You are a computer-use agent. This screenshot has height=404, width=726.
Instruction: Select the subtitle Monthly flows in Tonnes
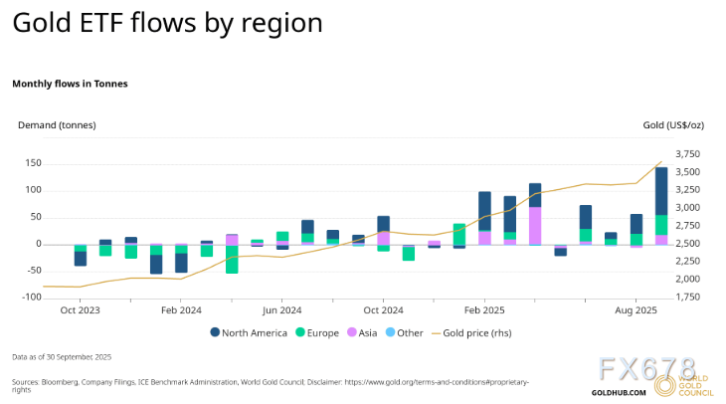pyautogui.click(x=70, y=84)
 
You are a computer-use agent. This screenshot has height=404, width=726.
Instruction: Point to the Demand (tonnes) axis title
pyautogui.click(x=58, y=125)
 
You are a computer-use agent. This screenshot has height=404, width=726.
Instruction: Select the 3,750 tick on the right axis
pyautogui.click(x=687, y=154)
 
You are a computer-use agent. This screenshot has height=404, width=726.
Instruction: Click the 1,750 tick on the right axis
pyautogui.click(x=687, y=298)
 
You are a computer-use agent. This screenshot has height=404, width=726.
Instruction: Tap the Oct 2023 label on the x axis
pyautogui.click(x=80, y=310)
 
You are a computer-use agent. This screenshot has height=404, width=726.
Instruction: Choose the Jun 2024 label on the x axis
pyautogui.click(x=281, y=310)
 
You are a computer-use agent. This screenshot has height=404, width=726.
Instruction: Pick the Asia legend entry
pyautogui.click(x=365, y=332)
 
